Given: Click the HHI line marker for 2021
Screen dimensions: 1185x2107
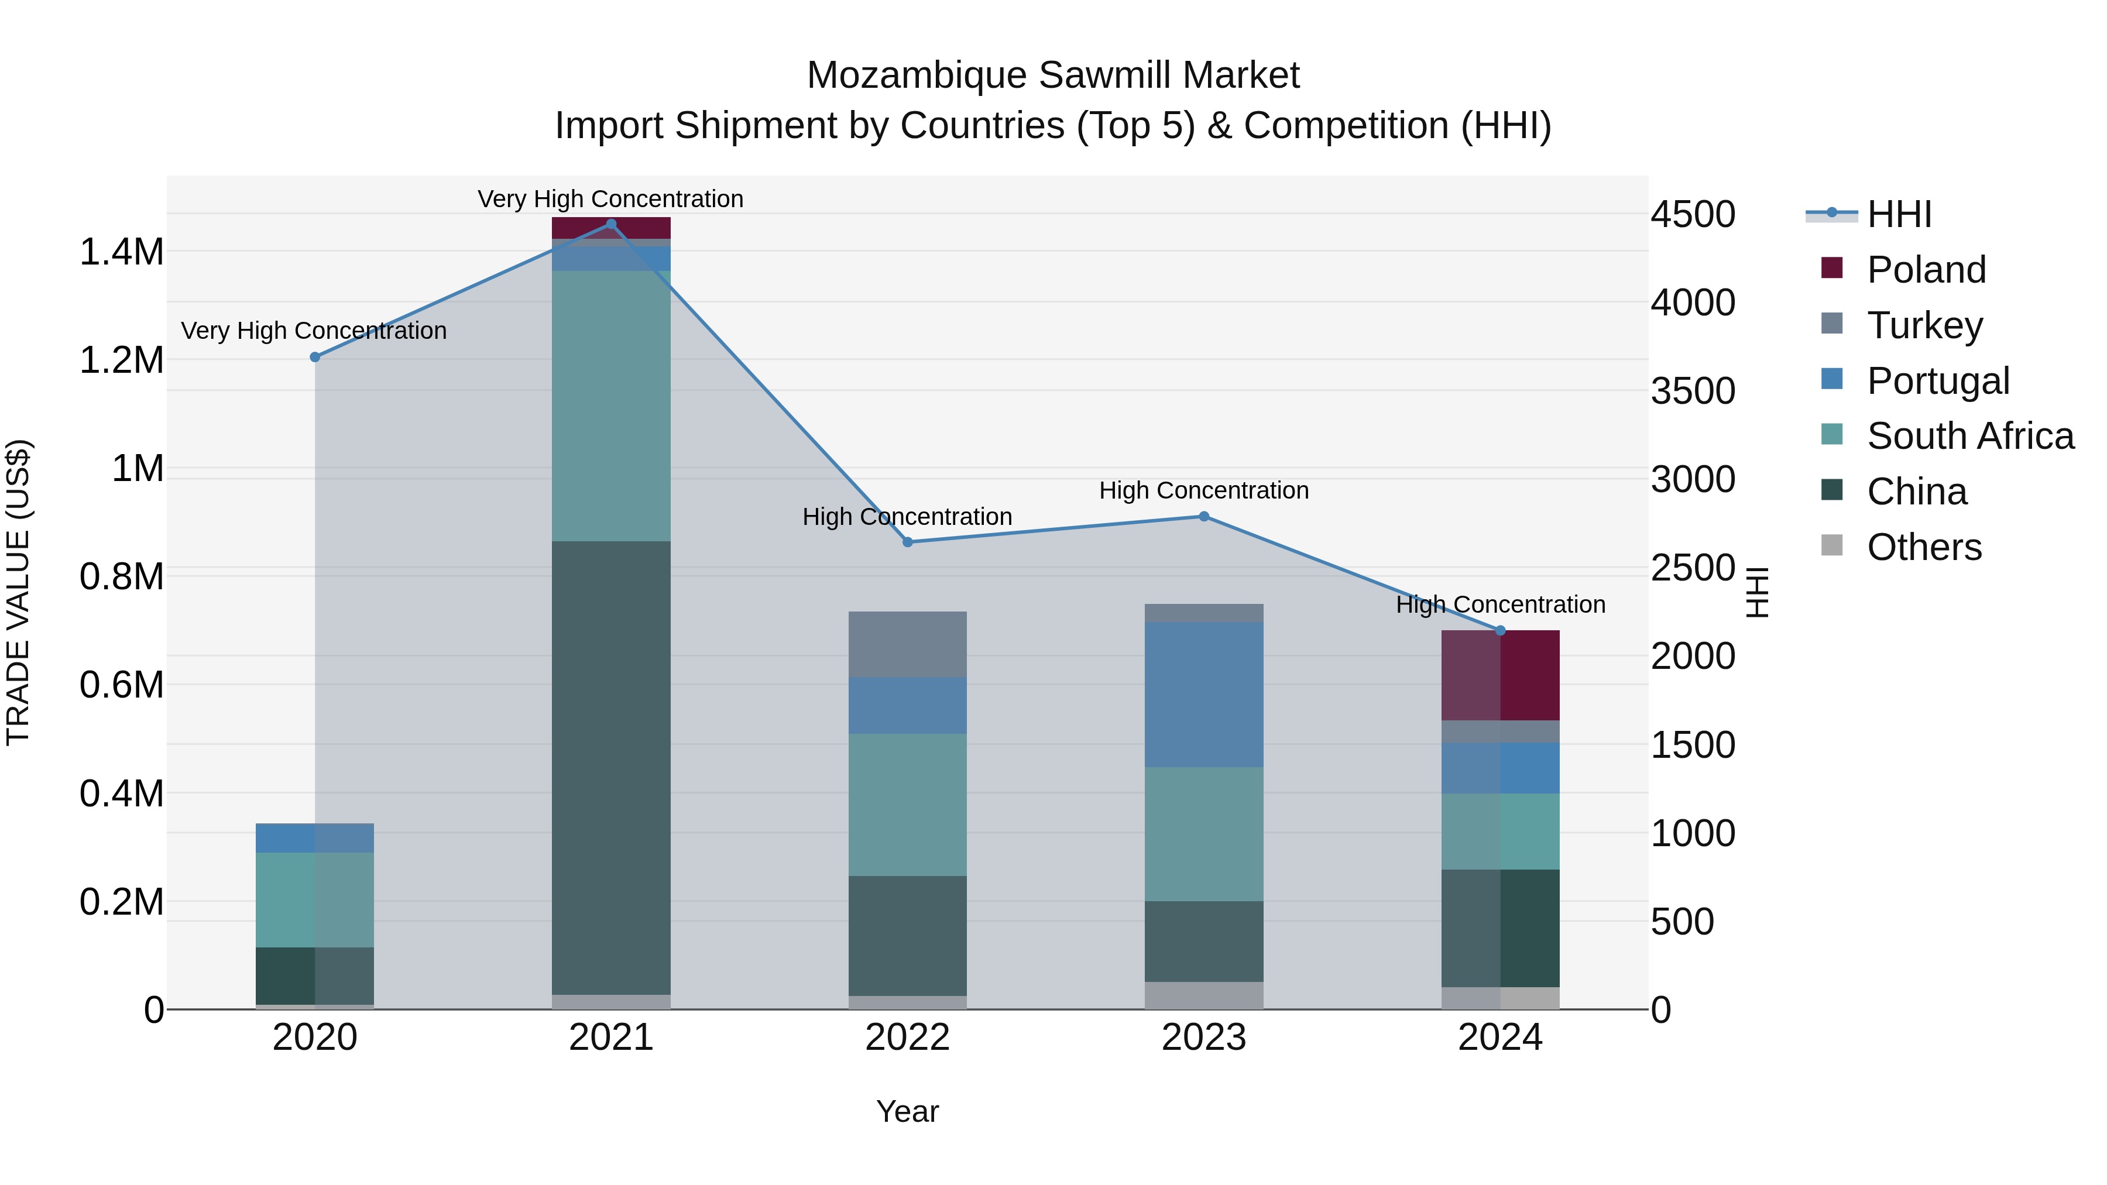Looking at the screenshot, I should click(611, 224).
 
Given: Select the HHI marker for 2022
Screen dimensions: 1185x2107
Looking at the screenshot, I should click(907, 542).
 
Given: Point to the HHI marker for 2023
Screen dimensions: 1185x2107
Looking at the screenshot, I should click(1204, 516).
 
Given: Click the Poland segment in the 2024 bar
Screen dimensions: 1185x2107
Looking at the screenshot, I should click(1500, 675).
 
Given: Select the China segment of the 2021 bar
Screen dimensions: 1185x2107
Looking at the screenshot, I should click(611, 767).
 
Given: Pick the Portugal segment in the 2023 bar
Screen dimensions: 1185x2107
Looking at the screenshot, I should click(1204, 694).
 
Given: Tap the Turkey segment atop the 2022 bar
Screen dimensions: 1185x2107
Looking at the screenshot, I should click(907, 644).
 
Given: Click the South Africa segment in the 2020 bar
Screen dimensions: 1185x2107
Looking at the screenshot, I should click(315, 899).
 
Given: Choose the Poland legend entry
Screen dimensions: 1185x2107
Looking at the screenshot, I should click(1926, 270).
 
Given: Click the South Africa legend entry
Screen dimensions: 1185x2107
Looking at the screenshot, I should click(1969, 436).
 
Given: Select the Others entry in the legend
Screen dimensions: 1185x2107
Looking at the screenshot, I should click(1924, 547).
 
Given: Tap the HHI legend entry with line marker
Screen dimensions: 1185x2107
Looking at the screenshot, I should click(1899, 214).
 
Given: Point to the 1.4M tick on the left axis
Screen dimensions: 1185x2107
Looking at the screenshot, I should click(121, 252).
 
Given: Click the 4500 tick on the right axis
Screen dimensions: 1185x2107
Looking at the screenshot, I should click(1692, 214).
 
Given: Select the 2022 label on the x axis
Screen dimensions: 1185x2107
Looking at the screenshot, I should click(907, 1038).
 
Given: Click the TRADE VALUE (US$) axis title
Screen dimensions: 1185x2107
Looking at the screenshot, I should click(18, 592).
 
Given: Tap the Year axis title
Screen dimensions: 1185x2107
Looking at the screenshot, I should click(907, 1111).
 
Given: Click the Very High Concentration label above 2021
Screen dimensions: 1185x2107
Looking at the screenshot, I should click(610, 199).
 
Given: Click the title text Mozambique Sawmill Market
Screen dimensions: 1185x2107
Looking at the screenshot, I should click(1053, 75).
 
